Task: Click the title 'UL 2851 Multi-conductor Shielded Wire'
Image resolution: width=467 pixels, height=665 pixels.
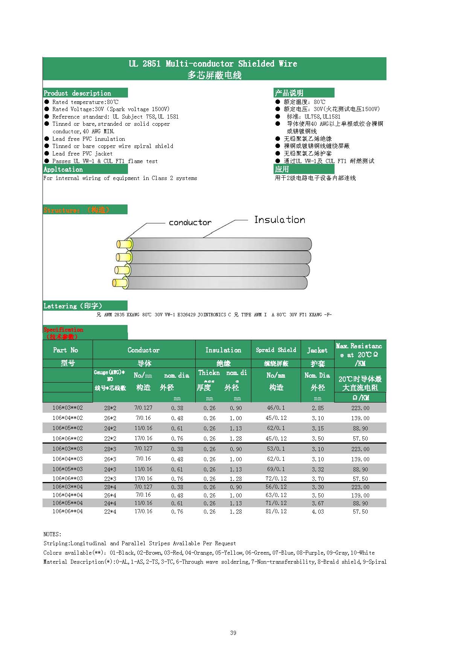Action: pyautogui.click(x=213, y=64)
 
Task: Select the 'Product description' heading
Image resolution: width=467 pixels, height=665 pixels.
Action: pyautogui.click(x=77, y=93)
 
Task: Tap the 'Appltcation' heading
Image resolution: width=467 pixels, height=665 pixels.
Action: pyautogui.click(x=63, y=169)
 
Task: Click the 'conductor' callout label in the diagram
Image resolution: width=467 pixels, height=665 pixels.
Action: pyautogui.click(x=190, y=223)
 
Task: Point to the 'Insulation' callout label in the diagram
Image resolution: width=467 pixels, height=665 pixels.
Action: pyautogui.click(x=280, y=220)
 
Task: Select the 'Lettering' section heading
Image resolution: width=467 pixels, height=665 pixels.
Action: pyautogui.click(x=73, y=306)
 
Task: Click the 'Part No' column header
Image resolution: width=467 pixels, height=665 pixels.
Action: pyautogui.click(x=65, y=350)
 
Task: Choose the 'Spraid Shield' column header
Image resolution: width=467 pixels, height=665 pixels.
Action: pyautogui.click(x=276, y=350)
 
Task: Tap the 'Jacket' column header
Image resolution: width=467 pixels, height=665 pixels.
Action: pyautogui.click(x=317, y=350)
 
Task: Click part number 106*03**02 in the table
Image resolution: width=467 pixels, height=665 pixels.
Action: pyautogui.click(x=67, y=408)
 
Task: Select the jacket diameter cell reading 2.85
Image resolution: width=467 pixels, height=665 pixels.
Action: pyautogui.click(x=318, y=408)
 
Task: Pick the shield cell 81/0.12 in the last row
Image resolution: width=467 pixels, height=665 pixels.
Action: pyautogui.click(x=276, y=511)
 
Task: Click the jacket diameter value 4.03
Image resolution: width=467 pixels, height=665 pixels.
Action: pyautogui.click(x=318, y=511)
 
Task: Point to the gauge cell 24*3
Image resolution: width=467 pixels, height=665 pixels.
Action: pyautogui.click(x=110, y=469)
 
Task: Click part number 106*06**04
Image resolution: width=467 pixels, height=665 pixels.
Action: pyautogui.click(x=67, y=511)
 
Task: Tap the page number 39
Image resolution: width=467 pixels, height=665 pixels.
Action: pyautogui.click(x=233, y=633)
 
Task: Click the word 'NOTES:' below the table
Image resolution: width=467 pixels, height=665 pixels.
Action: pyautogui.click(x=52, y=534)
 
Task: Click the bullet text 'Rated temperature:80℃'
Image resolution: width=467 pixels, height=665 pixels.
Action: pyautogui.click(x=85, y=102)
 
